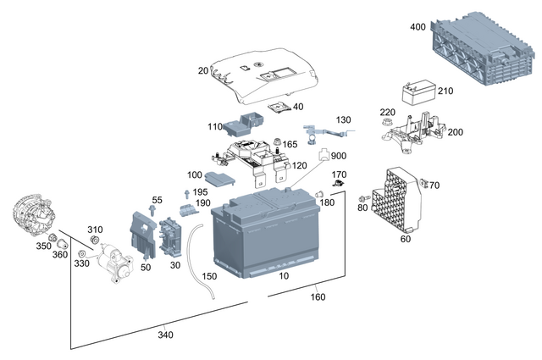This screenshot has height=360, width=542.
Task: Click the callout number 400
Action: (418, 27)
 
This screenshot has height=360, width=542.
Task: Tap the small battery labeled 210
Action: (417, 93)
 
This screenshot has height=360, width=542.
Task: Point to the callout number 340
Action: (165, 335)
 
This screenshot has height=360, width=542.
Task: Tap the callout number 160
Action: (318, 296)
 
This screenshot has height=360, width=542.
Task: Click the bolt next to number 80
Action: (364, 197)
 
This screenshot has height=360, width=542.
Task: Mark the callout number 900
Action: (339, 157)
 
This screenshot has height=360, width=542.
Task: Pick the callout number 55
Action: (157, 200)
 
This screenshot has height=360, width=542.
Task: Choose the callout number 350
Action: (42, 246)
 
